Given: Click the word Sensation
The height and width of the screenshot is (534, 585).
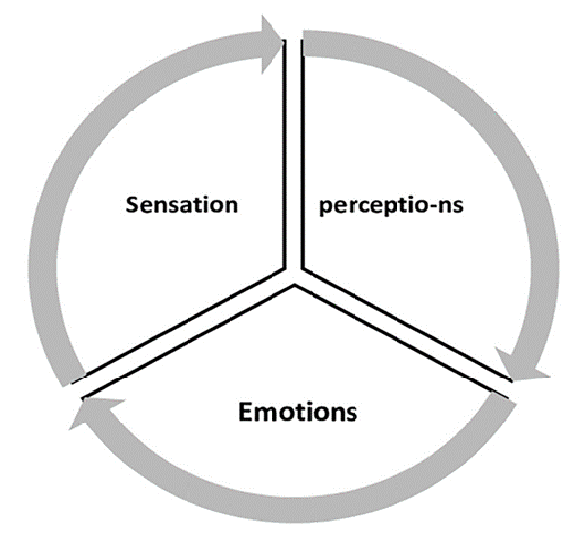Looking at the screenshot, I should [181, 204].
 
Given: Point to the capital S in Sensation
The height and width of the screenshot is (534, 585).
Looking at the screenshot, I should [131, 204].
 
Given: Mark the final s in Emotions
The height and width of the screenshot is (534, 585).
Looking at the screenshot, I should [351, 414].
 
